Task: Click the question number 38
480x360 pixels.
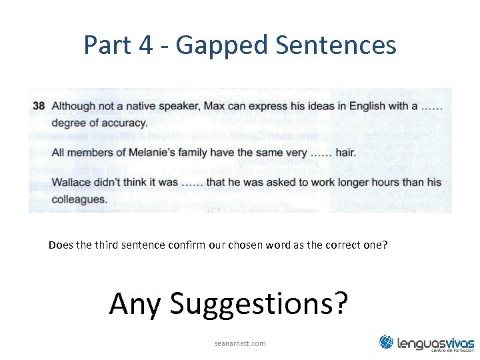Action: [x=39, y=106]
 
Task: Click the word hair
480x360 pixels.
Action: [x=345, y=153]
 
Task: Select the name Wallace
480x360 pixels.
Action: [x=72, y=183]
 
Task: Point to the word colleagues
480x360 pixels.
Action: [x=79, y=199]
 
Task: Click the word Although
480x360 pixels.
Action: [x=74, y=106]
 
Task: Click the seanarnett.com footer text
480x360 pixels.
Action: [x=240, y=343]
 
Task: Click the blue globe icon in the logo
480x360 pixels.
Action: [x=387, y=342]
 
